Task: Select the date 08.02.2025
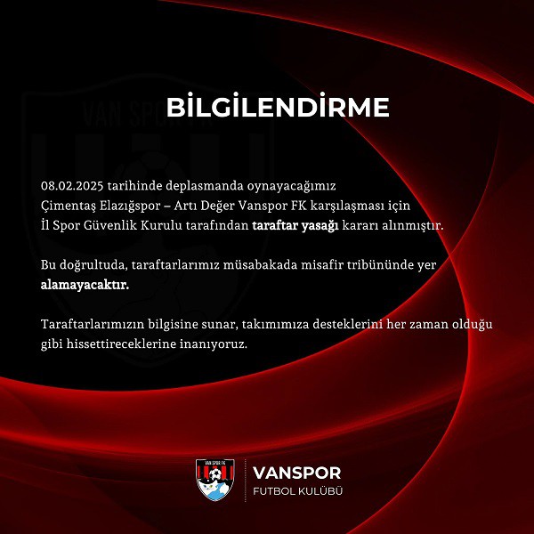(x=72, y=186)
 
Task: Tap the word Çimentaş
(x=67, y=206)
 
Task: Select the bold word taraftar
(x=274, y=225)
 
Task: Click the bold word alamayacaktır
(x=85, y=285)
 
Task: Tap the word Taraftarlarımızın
(x=93, y=324)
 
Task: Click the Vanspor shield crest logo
(x=214, y=480)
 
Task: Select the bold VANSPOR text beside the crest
(x=296, y=473)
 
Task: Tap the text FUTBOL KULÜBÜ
(x=297, y=491)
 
